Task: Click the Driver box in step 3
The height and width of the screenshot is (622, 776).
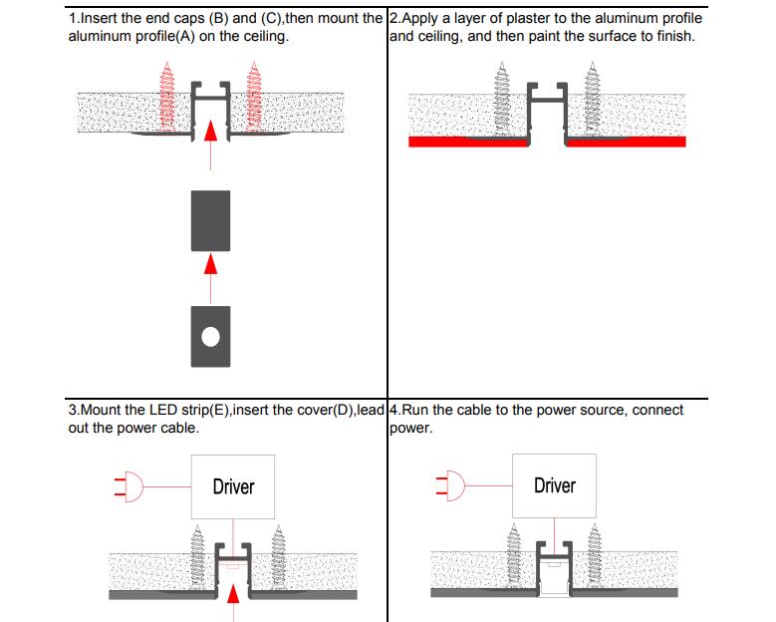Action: [x=233, y=486]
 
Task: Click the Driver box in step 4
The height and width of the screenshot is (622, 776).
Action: [x=554, y=485]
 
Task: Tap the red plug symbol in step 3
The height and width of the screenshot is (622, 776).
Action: [x=130, y=486]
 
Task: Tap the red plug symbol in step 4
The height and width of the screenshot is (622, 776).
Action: [x=451, y=485]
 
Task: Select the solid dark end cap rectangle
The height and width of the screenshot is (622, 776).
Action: [x=210, y=220]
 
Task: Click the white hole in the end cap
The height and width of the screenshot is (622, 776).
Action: [x=210, y=336]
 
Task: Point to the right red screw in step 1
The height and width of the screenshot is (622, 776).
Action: [x=253, y=97]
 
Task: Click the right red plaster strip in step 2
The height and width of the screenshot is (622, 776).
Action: [x=626, y=142]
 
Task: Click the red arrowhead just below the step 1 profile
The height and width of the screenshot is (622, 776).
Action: [x=210, y=131]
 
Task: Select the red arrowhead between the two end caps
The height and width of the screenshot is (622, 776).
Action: [x=210, y=262]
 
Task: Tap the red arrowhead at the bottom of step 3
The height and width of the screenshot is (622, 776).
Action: [x=234, y=595]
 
